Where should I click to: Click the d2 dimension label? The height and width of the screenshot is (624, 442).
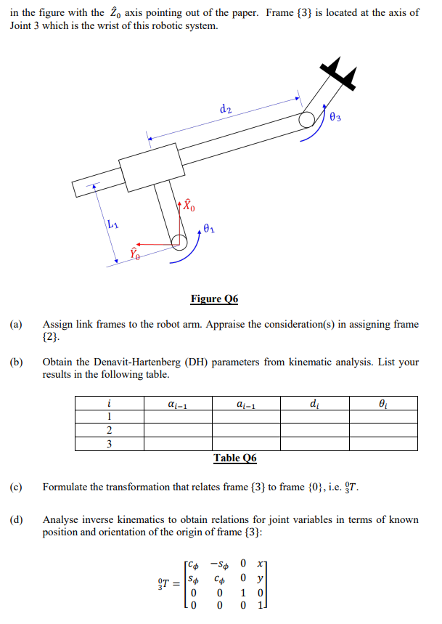point(225,109)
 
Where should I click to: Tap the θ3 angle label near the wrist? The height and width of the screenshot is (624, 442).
point(335,116)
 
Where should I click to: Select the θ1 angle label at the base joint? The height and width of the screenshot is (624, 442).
point(209,230)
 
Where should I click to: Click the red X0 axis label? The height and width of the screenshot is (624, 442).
point(188,206)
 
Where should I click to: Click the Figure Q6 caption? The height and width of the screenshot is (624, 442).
point(214,299)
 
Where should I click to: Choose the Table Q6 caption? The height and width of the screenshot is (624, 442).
point(234,458)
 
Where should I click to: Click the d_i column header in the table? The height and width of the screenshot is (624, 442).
point(314,403)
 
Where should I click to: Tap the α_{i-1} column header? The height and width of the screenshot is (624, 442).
point(178,403)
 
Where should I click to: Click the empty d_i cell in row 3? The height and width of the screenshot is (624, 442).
point(314,444)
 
